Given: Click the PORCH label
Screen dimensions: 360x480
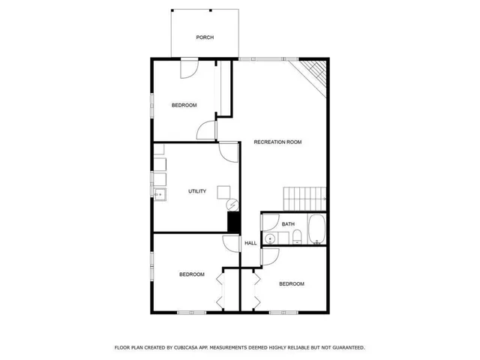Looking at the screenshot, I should tap(205, 37).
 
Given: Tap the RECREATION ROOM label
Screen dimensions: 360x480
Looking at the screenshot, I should tap(277, 142).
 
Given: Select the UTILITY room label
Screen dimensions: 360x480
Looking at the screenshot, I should tap(197, 191).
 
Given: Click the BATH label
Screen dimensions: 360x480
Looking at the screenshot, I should tap(288, 224).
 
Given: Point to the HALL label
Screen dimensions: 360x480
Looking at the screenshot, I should tap(250, 243).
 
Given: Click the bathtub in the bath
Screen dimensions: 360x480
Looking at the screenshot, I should tap(316, 230).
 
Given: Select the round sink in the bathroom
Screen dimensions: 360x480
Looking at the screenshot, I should tap(270, 238).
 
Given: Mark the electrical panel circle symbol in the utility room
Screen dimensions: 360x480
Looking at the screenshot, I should tap(232, 203).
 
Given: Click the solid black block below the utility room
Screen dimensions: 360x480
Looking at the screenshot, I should tap(233, 223).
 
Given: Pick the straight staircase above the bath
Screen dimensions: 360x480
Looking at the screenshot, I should tap(304, 199).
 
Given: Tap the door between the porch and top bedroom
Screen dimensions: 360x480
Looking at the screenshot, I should tap(188, 69).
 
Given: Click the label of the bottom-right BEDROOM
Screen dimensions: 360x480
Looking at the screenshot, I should tap(292, 283).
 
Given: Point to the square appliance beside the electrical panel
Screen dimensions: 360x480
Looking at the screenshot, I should tap(223, 192).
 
